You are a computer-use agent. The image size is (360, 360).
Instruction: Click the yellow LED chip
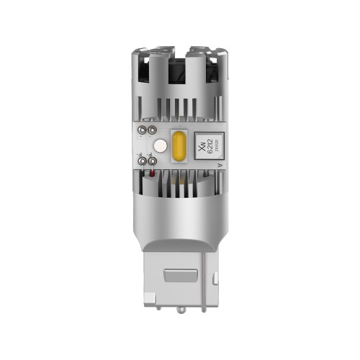[179, 145]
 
